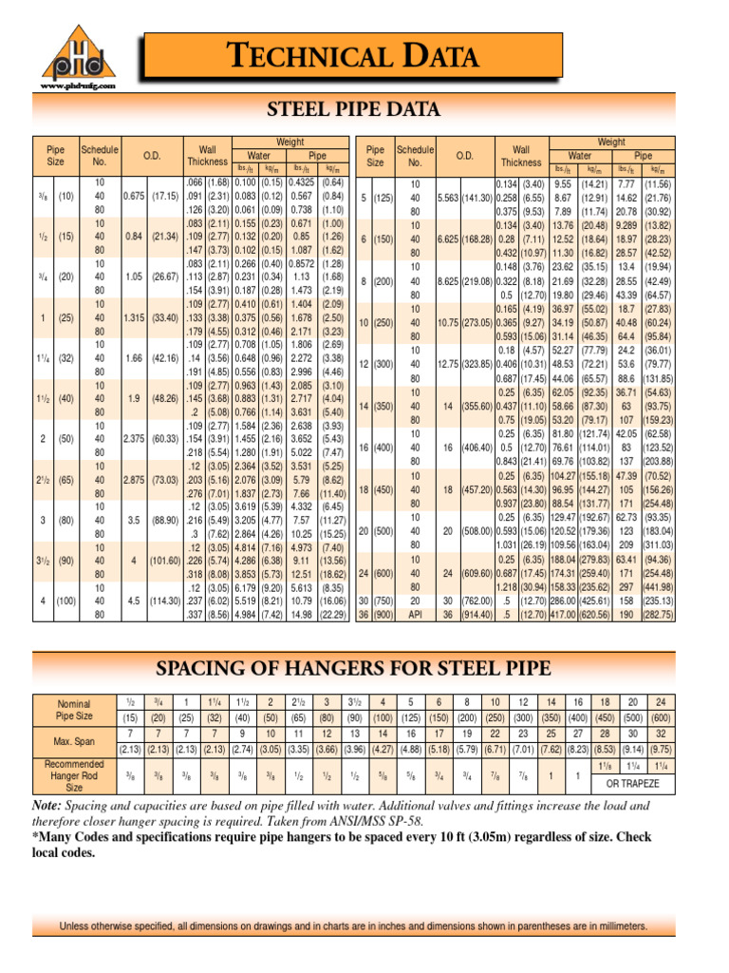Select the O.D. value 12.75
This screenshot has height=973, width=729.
click(446, 364)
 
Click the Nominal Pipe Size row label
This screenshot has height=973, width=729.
click(74, 708)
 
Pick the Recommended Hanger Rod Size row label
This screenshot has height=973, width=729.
click(74, 774)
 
